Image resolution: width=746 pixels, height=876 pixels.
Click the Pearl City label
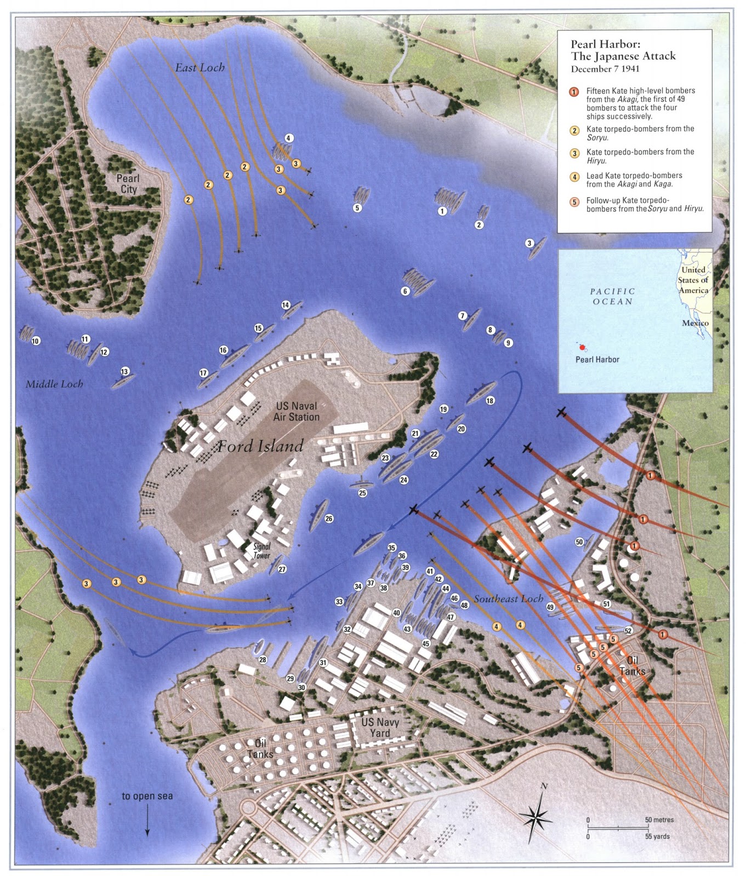[x=128, y=184]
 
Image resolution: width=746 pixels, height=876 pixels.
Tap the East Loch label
[x=200, y=68]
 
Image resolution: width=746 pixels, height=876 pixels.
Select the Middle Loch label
[x=54, y=384]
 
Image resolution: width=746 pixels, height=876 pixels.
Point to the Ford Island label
[x=261, y=446]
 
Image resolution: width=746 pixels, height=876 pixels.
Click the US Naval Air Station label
[x=297, y=412]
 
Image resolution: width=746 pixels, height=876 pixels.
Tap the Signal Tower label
[x=262, y=551]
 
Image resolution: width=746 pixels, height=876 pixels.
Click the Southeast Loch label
[x=508, y=599]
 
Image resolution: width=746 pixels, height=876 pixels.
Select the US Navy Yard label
[x=380, y=728]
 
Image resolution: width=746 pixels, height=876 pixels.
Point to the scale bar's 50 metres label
[x=659, y=820]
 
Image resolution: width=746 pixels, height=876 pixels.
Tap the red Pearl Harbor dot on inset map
[x=582, y=347]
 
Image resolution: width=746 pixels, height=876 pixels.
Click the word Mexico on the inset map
[x=695, y=323]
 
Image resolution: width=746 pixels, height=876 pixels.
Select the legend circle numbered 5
[x=574, y=202]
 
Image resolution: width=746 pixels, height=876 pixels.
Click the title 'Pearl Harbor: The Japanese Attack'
[x=623, y=50]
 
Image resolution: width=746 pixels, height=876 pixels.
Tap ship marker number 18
[x=490, y=401]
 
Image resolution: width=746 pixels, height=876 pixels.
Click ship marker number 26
[x=329, y=518]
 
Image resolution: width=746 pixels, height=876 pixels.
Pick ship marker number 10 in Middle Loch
[x=36, y=341]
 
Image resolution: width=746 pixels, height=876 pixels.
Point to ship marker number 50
[x=579, y=542]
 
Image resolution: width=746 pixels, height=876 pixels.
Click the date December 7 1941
[x=605, y=69]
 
